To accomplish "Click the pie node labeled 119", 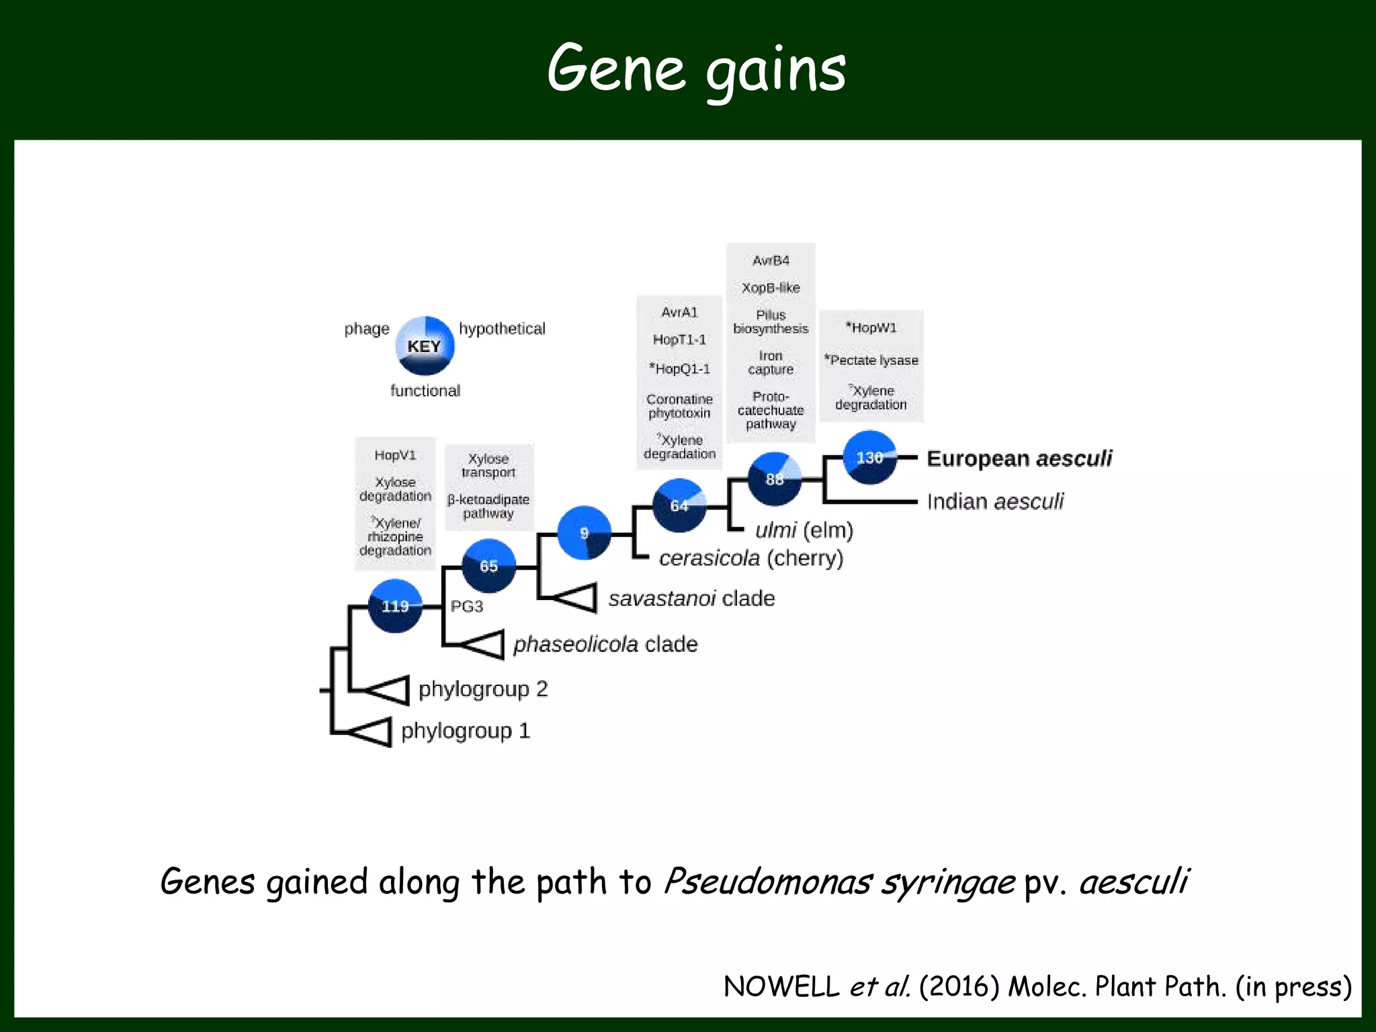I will tap(395, 605).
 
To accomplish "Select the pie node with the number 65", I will tap(488, 566).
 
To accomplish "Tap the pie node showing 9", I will tap(584, 533).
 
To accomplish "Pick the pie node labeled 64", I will tap(679, 505).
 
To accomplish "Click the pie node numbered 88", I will tap(775, 479).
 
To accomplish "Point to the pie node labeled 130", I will tap(869, 458).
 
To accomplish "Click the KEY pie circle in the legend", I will tap(425, 346).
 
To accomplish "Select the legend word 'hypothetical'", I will tap(502, 329).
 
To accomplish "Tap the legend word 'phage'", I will tap(367, 329).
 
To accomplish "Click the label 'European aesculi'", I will tap(1019, 458).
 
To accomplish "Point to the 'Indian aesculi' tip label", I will tap(995, 501).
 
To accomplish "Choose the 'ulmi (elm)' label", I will tap(804, 530).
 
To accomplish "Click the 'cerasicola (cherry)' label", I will tap(750, 558).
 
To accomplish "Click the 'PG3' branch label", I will tap(466, 606).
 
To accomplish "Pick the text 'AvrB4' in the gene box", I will tap(771, 260).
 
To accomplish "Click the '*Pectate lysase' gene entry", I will tap(871, 360).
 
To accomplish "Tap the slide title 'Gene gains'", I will tap(696, 69).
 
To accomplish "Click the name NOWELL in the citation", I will tap(781, 986).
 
